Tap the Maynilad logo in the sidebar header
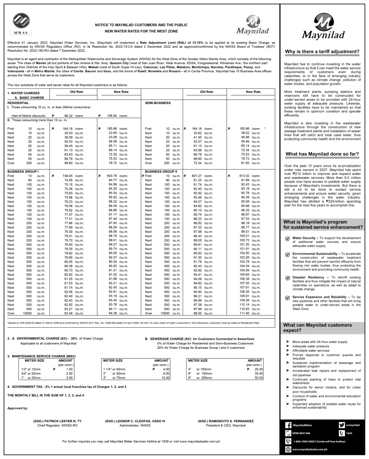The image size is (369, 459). pos(322,26)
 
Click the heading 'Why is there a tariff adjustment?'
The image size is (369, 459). pos(322,52)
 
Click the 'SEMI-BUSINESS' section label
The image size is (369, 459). pos(157,103)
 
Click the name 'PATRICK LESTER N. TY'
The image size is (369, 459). pos(60,421)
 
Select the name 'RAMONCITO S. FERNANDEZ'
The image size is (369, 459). pos(233,421)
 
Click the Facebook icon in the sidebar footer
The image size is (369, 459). pos(288,424)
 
